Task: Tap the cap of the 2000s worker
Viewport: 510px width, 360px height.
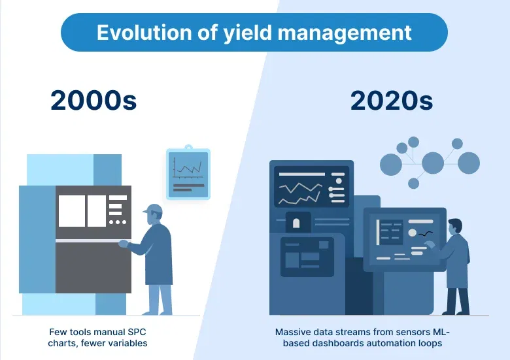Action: [155, 209]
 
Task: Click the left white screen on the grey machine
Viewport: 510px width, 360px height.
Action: [71, 211]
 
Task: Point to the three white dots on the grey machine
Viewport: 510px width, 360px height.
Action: [118, 222]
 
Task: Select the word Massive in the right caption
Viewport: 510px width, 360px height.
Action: [293, 332]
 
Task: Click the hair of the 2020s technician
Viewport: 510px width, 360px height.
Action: [455, 225]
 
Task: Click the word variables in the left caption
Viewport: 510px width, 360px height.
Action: [128, 342]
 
